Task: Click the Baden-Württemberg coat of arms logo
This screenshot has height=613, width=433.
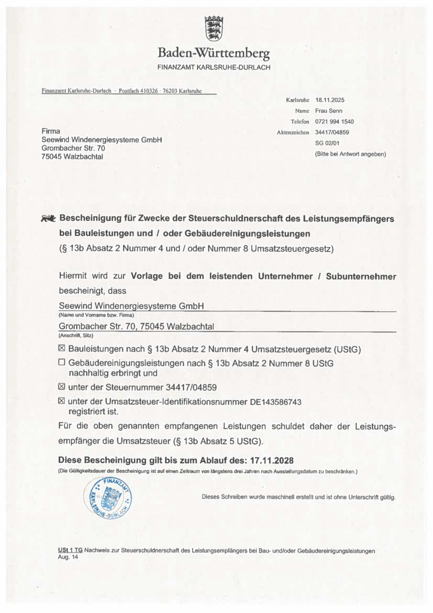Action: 214,28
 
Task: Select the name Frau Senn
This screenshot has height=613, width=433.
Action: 329,111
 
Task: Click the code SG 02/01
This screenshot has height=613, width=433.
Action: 327,143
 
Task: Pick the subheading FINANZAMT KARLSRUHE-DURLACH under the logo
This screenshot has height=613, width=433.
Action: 214,67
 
